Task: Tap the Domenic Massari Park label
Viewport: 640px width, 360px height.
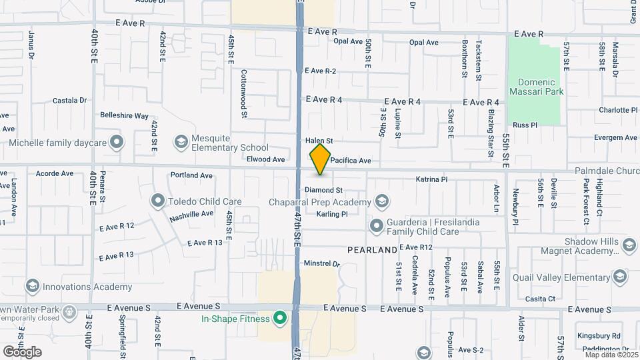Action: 536,86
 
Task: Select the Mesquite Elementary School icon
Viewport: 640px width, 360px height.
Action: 181,142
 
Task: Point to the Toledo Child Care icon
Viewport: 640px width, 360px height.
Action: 158,201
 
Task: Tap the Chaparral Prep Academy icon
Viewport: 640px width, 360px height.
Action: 382,201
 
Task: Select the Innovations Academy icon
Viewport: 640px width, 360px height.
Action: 31,287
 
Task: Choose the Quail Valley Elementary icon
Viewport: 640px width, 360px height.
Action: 620,276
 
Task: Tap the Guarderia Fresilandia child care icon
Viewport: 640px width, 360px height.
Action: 376,226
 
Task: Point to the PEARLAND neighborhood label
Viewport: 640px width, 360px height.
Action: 372,251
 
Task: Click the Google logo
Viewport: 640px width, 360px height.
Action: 22,352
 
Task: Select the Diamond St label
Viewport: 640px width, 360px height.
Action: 323,191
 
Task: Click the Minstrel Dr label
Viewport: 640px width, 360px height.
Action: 322,264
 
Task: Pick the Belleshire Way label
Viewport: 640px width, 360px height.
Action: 124,115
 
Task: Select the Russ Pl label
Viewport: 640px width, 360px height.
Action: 525,125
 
